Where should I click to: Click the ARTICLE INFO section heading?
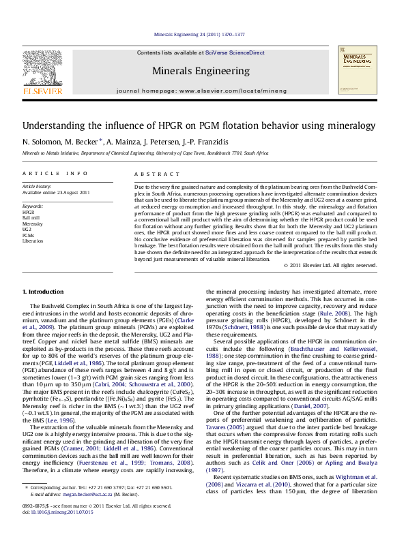click(x=55, y=174)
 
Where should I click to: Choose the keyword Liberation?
click(x=33, y=241)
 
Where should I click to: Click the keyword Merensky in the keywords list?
click(x=33, y=223)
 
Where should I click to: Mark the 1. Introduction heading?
click(x=48, y=291)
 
